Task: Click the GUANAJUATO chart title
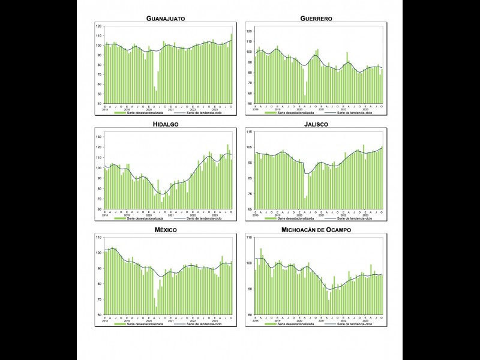(166, 19)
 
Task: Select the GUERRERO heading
(316, 19)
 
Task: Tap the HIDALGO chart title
(166, 124)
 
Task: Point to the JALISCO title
(316, 124)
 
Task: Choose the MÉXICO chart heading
(166, 230)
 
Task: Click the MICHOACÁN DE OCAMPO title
(316, 230)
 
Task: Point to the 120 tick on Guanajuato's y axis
(99, 26)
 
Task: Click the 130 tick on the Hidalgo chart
(99, 137)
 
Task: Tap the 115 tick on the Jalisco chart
(249, 131)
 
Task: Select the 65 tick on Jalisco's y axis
(250, 209)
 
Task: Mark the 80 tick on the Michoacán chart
(250, 315)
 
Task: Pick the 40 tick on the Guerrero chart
(250, 104)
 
